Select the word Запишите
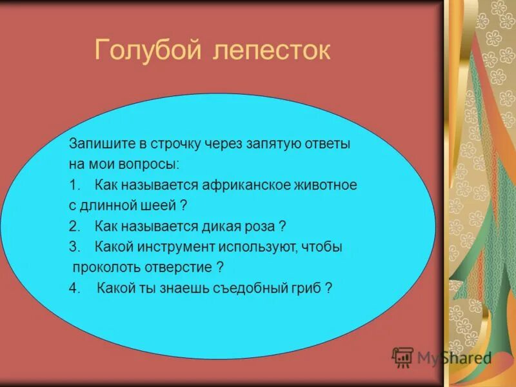click(x=97, y=144)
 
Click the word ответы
click(x=331, y=144)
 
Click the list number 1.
click(x=74, y=185)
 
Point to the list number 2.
click(x=74, y=226)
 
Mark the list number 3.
click(x=74, y=247)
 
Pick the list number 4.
click(x=74, y=288)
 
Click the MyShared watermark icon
click(x=403, y=357)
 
